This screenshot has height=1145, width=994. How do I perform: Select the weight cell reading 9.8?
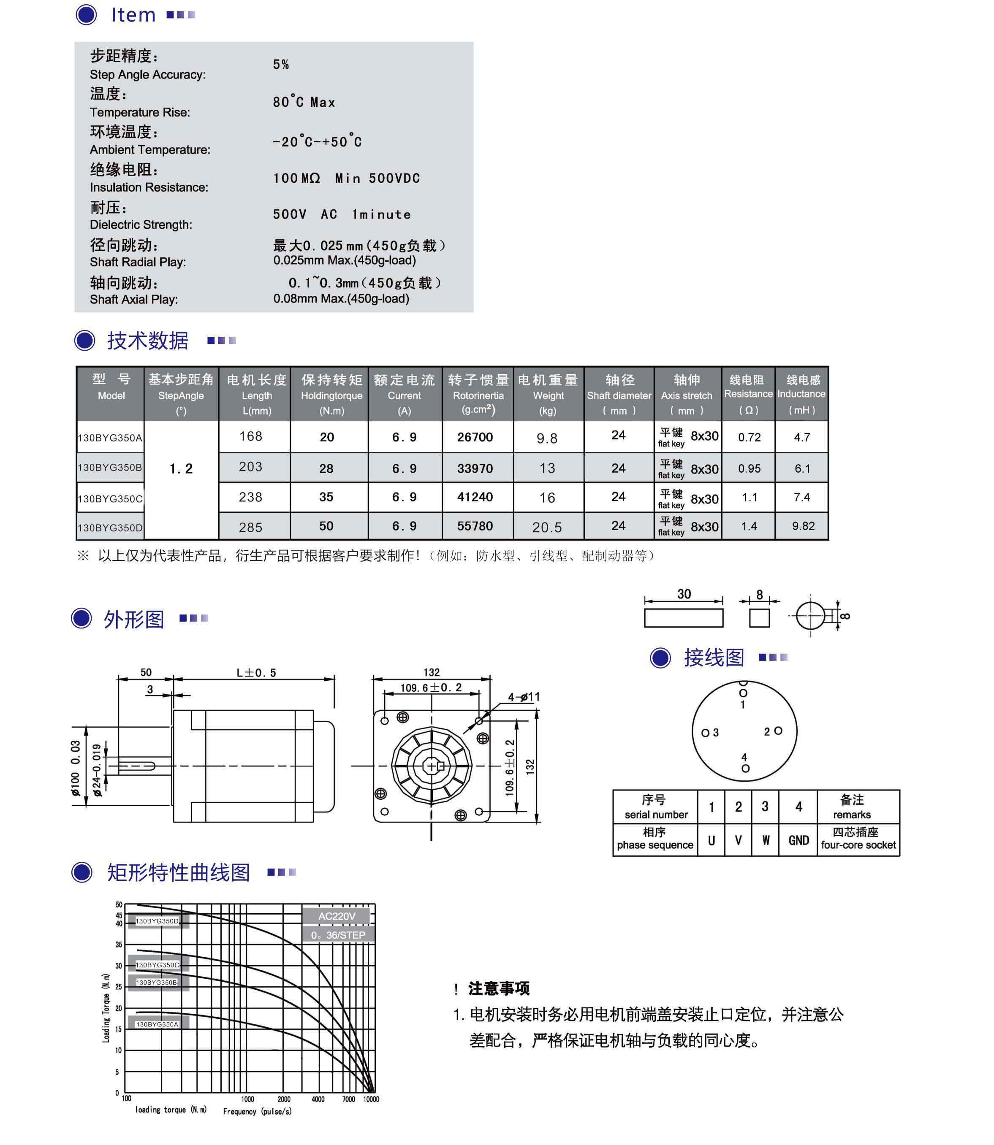pos(547,439)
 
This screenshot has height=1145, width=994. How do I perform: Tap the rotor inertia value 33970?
pos(475,468)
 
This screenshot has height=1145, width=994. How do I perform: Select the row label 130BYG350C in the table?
pos(110,499)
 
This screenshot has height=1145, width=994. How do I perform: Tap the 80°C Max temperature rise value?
pos(304,102)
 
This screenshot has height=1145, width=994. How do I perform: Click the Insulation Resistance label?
pos(149,187)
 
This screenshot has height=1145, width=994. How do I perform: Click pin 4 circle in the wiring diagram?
pos(746,769)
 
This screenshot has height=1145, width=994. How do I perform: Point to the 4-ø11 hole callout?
pos(524,697)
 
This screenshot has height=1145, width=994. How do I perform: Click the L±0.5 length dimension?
pos(256,673)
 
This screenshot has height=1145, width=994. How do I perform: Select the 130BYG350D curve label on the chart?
pos(158,922)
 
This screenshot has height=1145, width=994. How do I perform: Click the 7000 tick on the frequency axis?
pos(348,1099)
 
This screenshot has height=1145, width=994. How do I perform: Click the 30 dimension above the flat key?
pos(684,594)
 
